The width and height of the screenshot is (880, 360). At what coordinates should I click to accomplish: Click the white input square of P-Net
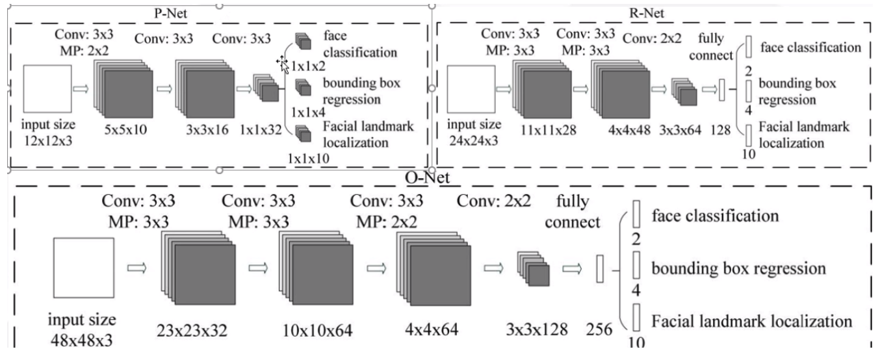coord(46,89)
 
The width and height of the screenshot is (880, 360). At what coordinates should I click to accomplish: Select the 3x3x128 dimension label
coord(536,329)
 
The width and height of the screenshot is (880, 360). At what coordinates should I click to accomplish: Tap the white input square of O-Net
coord(84,267)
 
